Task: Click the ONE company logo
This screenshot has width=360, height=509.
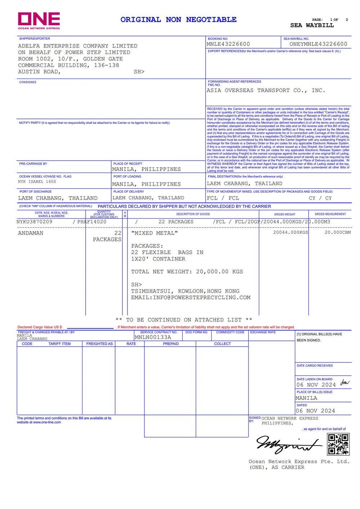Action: coord(39,21)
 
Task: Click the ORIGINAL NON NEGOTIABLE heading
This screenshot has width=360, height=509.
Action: coord(178,20)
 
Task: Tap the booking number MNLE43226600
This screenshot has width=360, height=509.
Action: coord(228,44)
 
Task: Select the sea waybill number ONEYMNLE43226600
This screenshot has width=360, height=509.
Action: coord(318,44)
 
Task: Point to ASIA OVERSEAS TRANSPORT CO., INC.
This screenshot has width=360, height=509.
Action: coord(266,90)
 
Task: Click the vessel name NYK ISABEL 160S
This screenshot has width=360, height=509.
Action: coord(37,182)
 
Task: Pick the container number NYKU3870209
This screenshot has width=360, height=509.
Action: coord(35,222)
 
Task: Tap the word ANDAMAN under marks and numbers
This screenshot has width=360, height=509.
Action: coord(31,233)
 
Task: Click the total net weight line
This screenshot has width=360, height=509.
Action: coord(187,272)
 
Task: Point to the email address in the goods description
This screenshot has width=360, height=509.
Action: coord(190,298)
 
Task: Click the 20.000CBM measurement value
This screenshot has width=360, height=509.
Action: coord(338,232)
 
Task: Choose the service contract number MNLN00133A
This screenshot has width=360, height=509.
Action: coord(153,337)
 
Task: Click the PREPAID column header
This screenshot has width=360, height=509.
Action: coord(171,344)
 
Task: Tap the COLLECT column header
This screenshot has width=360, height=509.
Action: coord(222,344)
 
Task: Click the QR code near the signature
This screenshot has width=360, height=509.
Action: coord(338,444)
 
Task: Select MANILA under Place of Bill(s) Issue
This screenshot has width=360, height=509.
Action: coord(306,398)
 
